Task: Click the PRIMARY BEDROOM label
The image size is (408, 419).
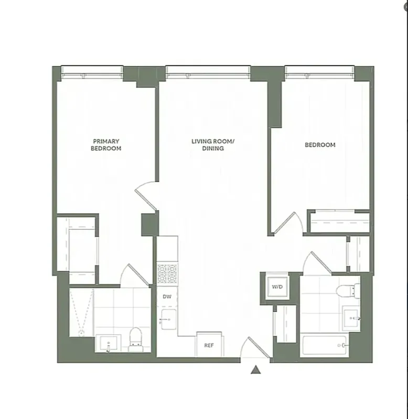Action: point(106,145)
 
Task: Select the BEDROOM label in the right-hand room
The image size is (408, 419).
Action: point(320,145)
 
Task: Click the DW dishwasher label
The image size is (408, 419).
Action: point(167,297)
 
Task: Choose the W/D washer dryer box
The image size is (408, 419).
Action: point(276,286)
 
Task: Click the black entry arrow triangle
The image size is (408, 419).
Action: point(255,370)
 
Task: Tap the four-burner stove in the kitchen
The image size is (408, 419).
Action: point(167,274)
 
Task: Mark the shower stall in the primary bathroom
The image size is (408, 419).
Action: point(81,313)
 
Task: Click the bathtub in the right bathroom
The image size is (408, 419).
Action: point(325,346)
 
